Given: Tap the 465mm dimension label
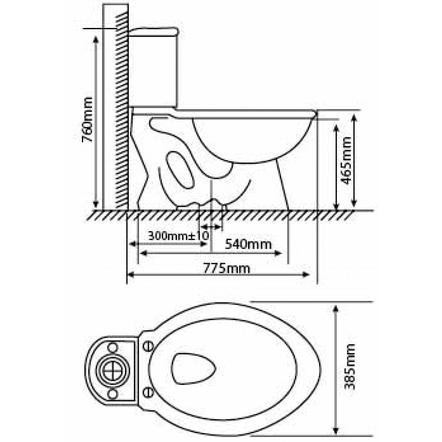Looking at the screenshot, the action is coord(346,161).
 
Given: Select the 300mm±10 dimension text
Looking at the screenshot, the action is coord(178,235).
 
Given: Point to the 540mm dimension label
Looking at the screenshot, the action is coord(248,245).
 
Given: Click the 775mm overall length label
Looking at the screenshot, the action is coord(227,268).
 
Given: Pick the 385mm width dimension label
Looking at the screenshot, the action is coord(350,366).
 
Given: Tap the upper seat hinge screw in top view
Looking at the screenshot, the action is coord(148,345).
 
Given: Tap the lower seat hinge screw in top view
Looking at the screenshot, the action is coord(148,392).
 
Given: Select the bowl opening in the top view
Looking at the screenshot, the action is coord(193,369).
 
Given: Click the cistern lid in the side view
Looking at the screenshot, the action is coord(154,32).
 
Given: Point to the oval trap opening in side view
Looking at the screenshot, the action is coord(180,170).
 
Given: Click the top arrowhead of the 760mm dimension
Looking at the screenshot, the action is coord(96,39).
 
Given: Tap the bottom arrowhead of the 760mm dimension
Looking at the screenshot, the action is coord(96,204).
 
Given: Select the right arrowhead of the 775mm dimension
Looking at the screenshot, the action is coord(306,275).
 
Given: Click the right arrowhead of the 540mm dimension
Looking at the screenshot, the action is coord(278,253).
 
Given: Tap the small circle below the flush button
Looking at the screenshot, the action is coord(112,394).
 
